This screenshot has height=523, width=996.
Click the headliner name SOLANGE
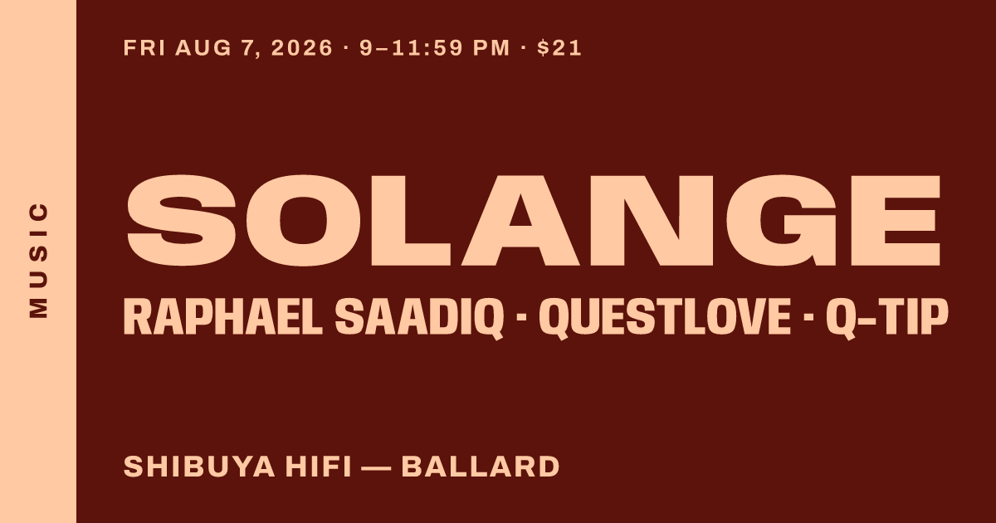point(534,221)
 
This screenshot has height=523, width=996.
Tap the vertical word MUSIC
point(38,260)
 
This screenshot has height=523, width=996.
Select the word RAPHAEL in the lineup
point(223,317)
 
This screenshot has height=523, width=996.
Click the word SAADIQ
point(420,319)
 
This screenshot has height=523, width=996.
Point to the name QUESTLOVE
point(665,319)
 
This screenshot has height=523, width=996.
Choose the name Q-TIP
point(886,319)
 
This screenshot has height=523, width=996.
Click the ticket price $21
point(559,48)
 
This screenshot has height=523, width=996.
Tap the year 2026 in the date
point(302,48)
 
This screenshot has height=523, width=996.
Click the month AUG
point(203,48)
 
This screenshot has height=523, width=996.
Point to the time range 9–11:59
point(412,48)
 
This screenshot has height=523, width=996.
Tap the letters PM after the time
point(491,48)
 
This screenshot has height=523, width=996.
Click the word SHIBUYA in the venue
point(200,467)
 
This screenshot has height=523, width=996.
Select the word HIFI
point(319,467)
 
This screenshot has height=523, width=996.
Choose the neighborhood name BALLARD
point(481,467)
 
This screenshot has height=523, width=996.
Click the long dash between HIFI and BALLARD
point(377,467)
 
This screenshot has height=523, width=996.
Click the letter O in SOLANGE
point(303,221)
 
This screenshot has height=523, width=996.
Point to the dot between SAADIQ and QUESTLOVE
point(521,317)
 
